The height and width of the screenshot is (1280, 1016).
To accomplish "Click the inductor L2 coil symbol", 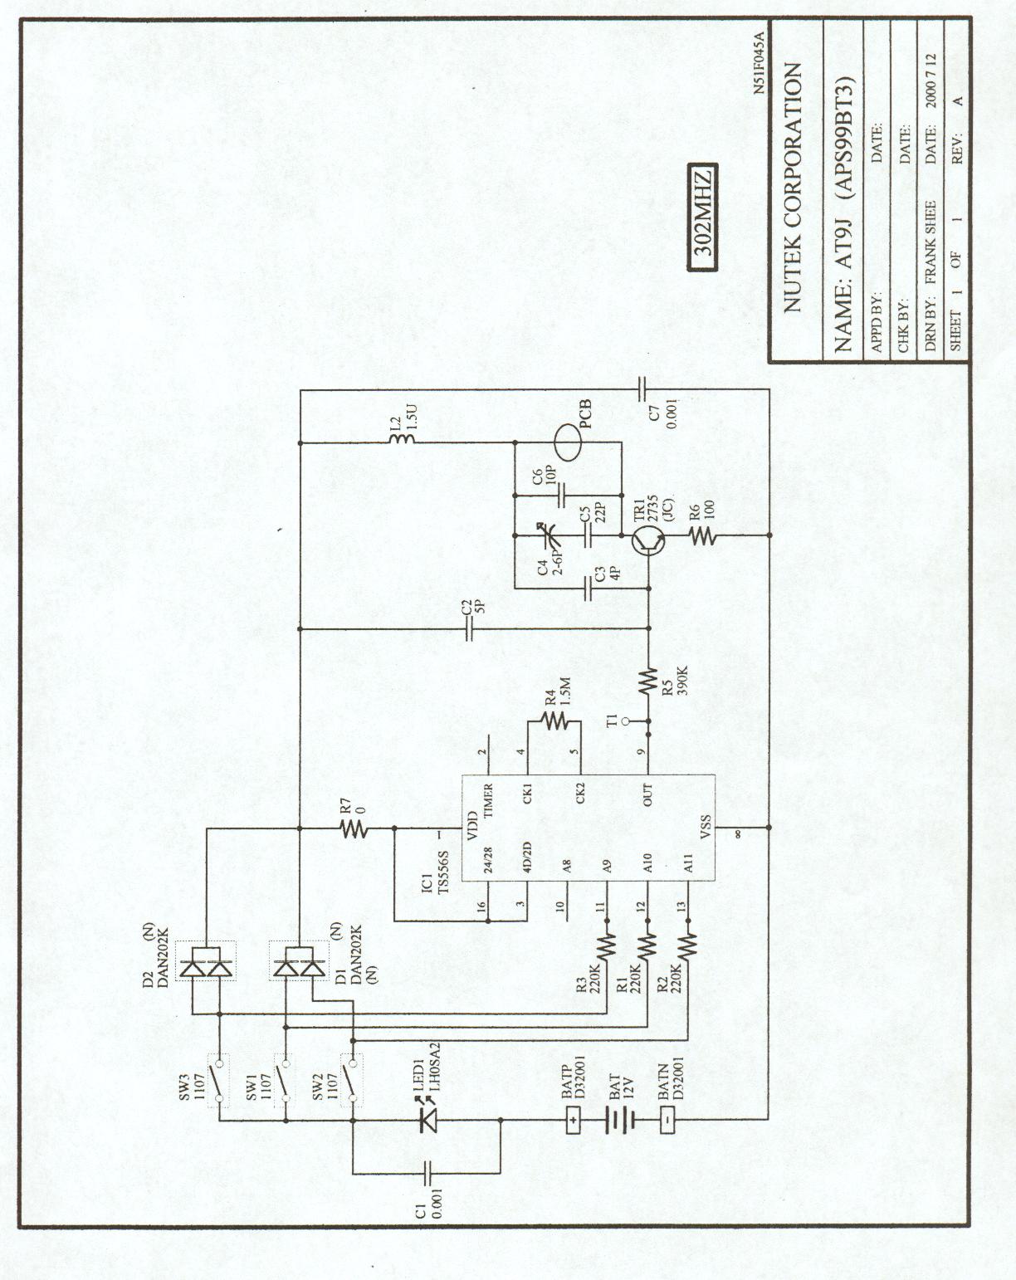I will [395, 443].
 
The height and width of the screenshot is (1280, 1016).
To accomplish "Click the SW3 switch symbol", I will [219, 1079].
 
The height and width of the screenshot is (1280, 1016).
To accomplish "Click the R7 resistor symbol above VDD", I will [353, 828].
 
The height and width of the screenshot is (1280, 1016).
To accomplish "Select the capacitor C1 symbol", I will [428, 1173].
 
